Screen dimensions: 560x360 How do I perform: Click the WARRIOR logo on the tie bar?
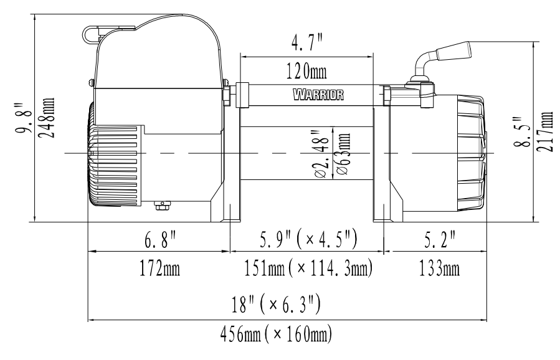[318, 95]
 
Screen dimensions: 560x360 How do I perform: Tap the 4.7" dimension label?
[307, 42]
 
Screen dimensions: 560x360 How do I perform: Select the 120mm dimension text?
[306, 71]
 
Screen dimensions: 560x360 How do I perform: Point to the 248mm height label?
[47, 118]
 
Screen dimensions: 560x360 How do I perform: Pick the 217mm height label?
[545, 131]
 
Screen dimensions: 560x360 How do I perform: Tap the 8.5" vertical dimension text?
[522, 131]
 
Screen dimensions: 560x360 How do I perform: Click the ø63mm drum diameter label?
[343, 154]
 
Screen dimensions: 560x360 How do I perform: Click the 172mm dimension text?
[159, 268]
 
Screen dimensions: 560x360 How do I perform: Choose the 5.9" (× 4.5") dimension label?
[308, 239]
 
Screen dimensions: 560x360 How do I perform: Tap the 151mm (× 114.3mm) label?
[308, 268]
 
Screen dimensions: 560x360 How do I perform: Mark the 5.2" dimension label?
[440, 240]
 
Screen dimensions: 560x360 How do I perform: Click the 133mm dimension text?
[439, 268]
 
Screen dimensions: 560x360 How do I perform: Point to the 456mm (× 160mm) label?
[276, 334]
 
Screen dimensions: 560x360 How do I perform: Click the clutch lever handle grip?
[453, 51]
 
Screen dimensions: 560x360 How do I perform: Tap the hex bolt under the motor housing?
[162, 206]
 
